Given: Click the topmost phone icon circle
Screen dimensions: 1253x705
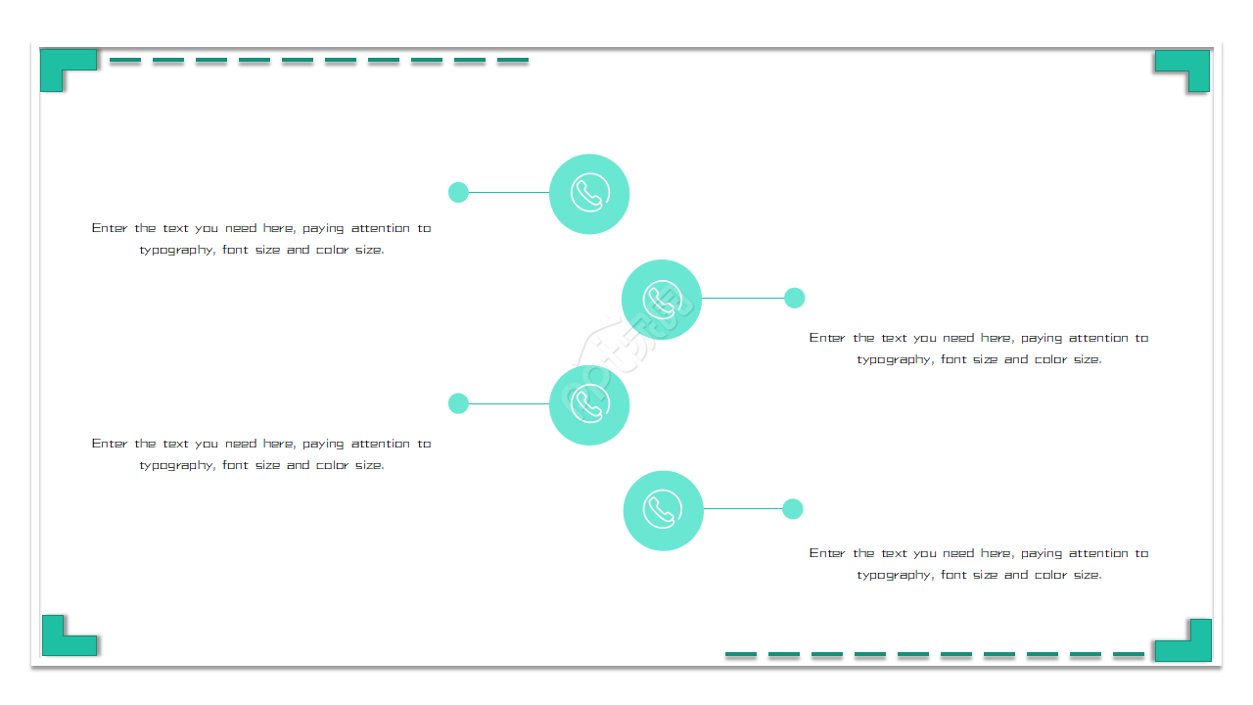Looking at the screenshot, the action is [x=589, y=194].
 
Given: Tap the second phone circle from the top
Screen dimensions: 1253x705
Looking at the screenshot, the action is [x=661, y=300].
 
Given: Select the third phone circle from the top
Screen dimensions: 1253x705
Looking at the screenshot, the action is [x=589, y=405].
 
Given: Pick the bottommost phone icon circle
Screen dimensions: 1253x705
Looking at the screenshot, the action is [x=663, y=510].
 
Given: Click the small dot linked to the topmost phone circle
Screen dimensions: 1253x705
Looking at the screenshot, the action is [x=458, y=193].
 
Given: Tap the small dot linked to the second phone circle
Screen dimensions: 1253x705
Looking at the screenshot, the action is [x=794, y=298].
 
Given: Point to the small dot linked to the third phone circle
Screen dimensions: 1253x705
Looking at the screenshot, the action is [x=458, y=403].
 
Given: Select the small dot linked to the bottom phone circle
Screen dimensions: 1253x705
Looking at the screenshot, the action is [x=792, y=508].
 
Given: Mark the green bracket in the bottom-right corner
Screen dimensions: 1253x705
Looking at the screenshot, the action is [x=1199, y=650].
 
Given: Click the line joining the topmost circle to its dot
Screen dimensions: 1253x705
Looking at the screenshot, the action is [x=509, y=193].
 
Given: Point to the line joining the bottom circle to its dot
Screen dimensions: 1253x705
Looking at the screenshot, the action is [x=742, y=508].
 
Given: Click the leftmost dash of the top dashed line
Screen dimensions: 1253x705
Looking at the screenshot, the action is [x=124, y=60].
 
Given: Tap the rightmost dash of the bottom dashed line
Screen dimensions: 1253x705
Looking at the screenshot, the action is [x=1129, y=653].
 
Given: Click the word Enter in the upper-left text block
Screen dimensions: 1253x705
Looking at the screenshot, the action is [x=110, y=228].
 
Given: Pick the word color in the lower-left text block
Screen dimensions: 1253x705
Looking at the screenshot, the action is [x=332, y=465].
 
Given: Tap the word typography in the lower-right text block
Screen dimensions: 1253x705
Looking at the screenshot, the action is [x=895, y=576].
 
